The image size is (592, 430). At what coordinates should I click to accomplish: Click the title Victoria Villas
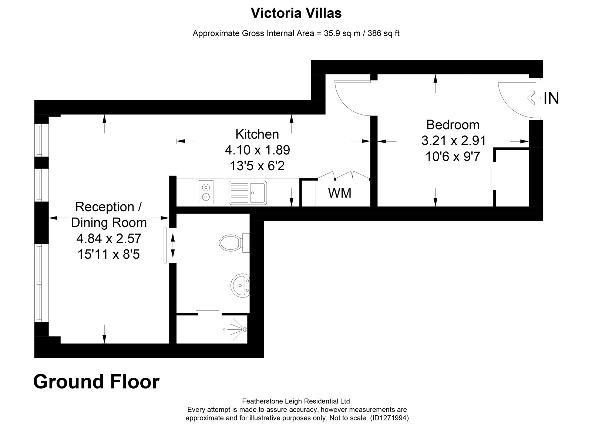tap(296, 13)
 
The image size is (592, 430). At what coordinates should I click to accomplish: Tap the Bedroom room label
tap(453, 125)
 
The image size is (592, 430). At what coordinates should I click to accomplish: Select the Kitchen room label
tap(257, 134)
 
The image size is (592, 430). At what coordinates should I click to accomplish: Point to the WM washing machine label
tap(340, 193)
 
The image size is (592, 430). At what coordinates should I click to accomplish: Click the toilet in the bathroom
tap(234, 243)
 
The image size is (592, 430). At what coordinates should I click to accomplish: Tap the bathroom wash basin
tap(240, 285)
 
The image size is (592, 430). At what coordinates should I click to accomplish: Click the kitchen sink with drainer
tap(248, 193)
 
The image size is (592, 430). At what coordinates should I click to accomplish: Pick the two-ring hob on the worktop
tap(206, 192)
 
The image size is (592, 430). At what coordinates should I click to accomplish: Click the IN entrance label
tap(551, 98)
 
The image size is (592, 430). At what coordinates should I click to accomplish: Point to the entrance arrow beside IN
tap(534, 98)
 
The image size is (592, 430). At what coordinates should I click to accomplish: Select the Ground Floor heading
tap(96, 382)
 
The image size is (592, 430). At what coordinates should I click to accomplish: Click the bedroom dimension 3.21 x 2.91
tap(454, 141)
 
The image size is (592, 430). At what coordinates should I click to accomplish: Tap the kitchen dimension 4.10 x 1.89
tap(258, 150)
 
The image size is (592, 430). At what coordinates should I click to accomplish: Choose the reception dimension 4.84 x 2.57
tap(109, 238)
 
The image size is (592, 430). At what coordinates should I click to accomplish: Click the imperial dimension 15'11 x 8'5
tap(109, 254)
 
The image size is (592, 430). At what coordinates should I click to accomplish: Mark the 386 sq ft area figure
tap(383, 34)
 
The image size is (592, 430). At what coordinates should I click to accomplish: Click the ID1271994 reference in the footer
tap(389, 418)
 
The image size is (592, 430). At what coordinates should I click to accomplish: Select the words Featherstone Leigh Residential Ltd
tap(296, 401)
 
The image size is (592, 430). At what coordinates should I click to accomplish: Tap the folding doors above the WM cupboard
tap(344, 175)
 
